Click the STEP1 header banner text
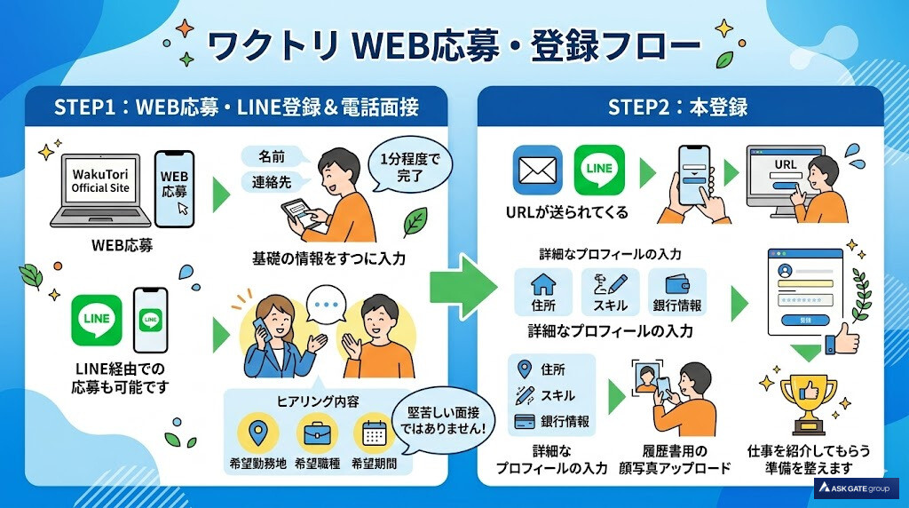(x=236, y=107)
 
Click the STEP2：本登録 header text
(x=677, y=107)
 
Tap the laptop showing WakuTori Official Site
(x=101, y=188)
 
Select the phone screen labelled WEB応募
(x=174, y=184)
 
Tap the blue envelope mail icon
(x=537, y=170)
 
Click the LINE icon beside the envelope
(x=599, y=170)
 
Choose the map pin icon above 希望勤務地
(x=257, y=434)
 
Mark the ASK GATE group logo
(x=856, y=488)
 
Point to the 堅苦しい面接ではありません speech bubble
(x=447, y=418)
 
